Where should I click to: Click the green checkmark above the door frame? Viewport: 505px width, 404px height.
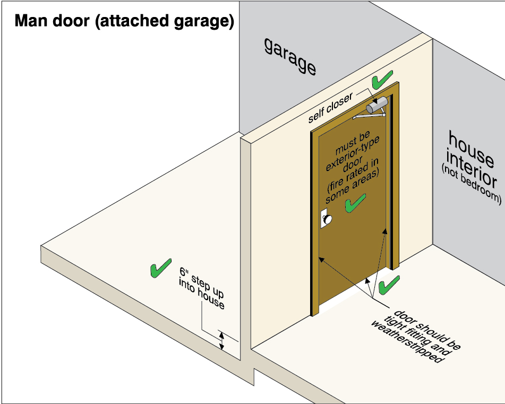[382, 80]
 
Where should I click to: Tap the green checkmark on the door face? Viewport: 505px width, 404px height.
[355, 203]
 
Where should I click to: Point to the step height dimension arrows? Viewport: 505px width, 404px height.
[222, 340]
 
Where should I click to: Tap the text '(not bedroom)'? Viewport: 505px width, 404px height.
[471, 184]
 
